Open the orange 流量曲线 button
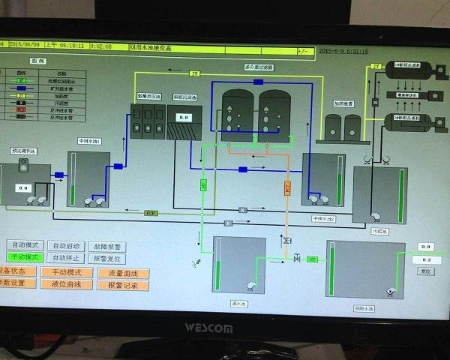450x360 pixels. pos(128,272)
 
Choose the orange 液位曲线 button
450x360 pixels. pos(66,284)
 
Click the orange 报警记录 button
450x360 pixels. pos(128,284)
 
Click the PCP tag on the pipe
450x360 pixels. pos(151,213)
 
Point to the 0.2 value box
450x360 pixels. pos(426,259)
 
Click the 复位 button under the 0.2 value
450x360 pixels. pos(426,271)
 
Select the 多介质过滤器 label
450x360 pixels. pos(258,67)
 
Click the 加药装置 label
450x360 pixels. pos(343,105)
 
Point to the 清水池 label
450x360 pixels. pos(238,304)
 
